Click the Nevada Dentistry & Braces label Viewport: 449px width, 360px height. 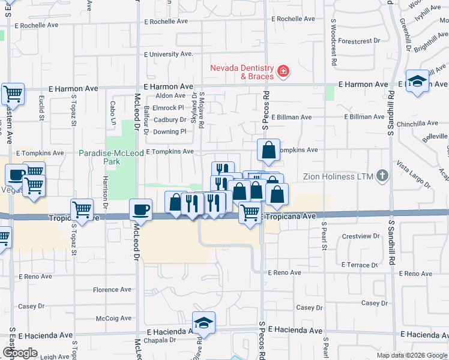coord(241,72)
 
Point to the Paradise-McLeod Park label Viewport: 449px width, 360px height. coord(111,157)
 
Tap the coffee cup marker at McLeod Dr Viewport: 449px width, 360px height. coord(141,210)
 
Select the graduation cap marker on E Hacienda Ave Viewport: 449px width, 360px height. coord(204,323)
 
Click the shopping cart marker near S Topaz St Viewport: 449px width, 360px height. coord(82,210)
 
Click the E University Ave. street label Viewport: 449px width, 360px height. coord(168,54)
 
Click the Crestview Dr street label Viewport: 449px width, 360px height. coord(360,236)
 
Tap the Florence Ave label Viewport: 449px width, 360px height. coord(112,289)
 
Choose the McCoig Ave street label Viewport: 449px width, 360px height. coord(113,319)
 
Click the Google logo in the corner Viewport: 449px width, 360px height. coord(20,353)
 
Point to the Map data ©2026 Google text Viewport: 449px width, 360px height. coord(411,355)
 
